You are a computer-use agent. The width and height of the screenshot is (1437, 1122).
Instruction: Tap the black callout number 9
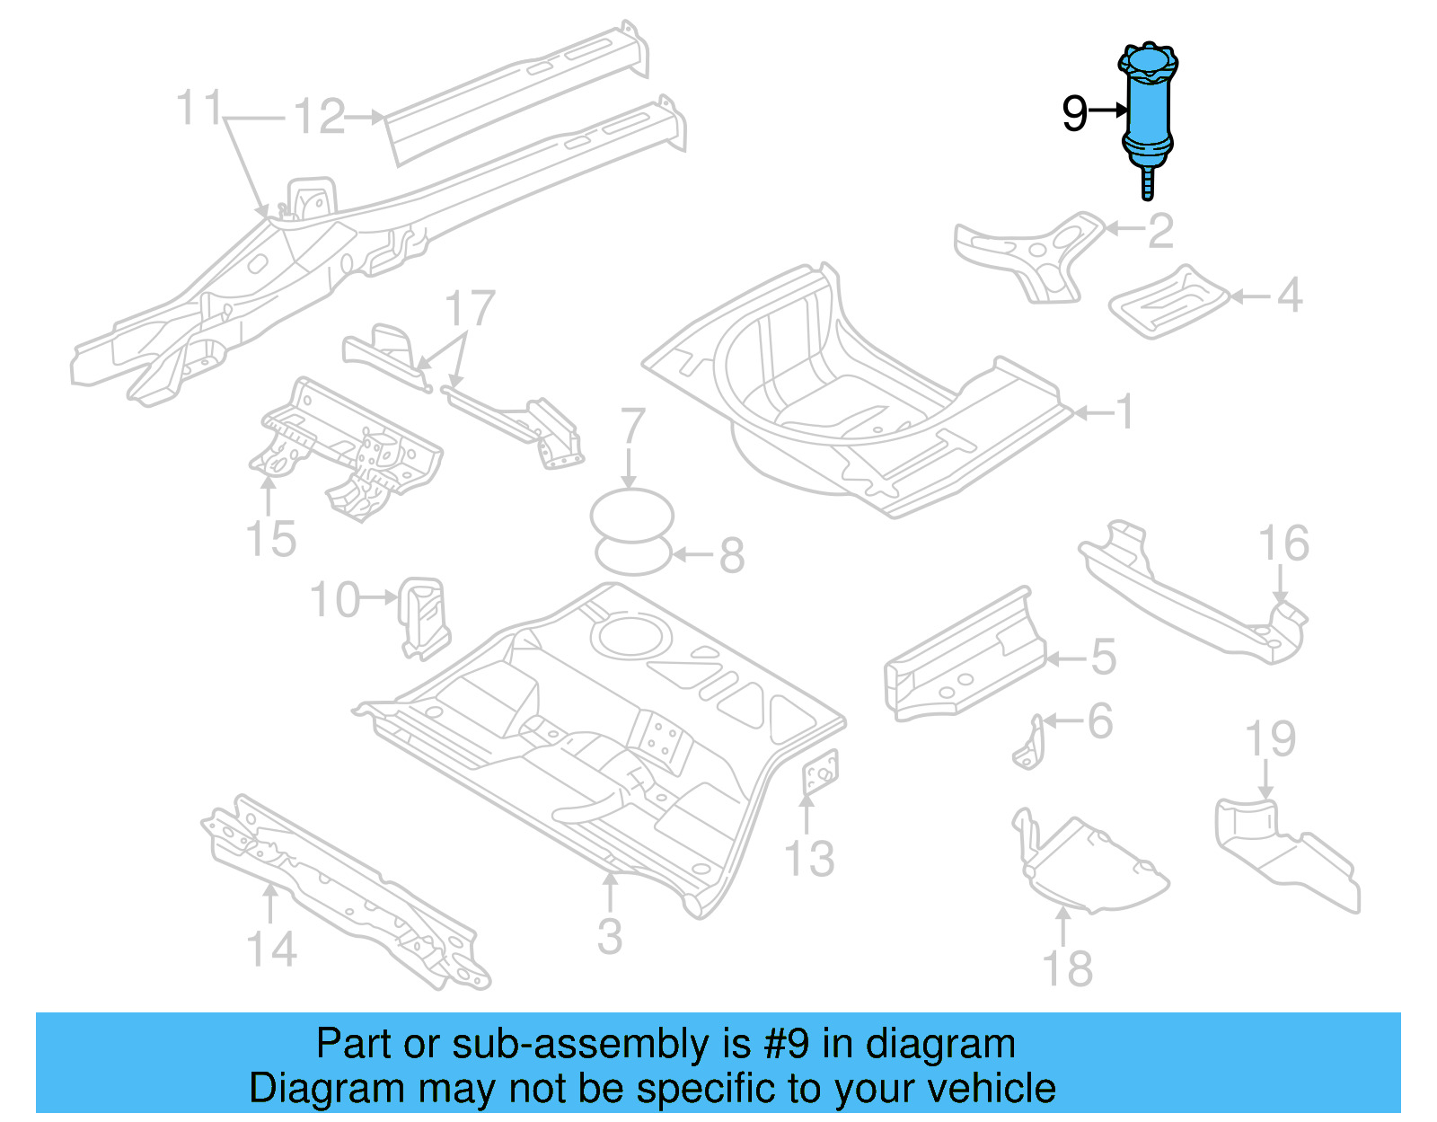[1074, 114]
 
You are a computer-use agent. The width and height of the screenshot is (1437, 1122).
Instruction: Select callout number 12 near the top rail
[320, 117]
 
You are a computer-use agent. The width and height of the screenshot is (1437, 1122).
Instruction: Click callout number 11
[198, 108]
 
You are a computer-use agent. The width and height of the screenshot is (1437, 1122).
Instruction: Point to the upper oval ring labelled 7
[631, 516]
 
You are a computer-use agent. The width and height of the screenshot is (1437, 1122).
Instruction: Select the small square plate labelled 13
[819, 773]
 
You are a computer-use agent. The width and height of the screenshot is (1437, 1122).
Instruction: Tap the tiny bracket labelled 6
[1029, 743]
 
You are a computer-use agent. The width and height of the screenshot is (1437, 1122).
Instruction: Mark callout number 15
[270, 539]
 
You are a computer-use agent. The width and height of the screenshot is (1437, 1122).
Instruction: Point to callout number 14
[271, 949]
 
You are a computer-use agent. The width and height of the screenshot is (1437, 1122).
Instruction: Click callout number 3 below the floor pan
[610, 936]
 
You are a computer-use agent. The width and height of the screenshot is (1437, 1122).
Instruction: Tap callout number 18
[1067, 968]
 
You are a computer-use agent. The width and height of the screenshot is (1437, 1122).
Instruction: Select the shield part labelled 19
[1284, 849]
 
